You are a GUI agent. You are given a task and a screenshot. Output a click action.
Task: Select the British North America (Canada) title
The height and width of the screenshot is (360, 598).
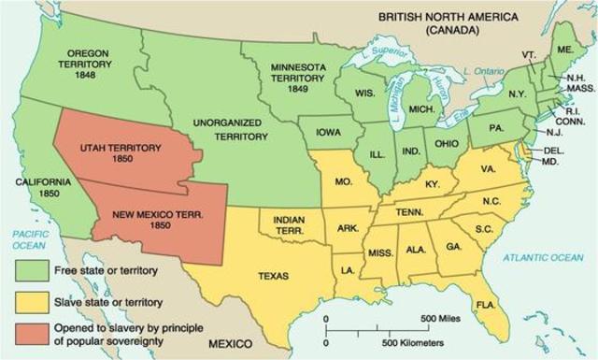pyautogui.click(x=434, y=22)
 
